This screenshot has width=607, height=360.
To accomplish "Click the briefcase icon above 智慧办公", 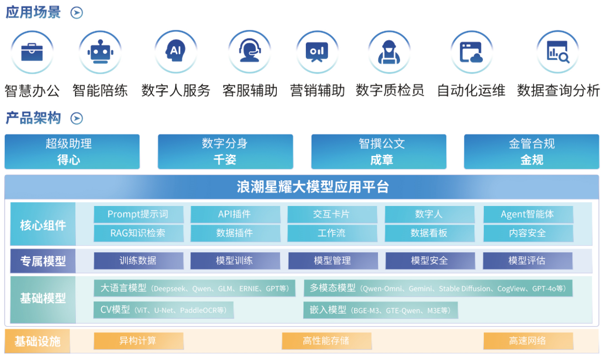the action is [32, 52].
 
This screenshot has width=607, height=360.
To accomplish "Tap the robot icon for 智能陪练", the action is [100, 52].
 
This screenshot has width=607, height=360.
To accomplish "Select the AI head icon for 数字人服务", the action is [176, 51].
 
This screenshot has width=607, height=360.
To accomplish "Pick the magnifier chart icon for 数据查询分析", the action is [558, 51].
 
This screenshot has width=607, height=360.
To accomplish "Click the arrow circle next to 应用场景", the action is [77, 13].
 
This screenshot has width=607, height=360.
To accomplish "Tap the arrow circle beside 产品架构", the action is [77, 118].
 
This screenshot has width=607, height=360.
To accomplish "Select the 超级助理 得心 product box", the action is [72, 152].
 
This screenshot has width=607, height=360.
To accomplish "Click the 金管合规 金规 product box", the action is [532, 152].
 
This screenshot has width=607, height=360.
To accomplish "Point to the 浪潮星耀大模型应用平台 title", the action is [313, 187].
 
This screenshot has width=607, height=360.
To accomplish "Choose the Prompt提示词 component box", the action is [138, 215].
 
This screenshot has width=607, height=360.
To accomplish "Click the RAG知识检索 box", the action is [138, 233].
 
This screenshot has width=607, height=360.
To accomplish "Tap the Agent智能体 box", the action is [528, 215].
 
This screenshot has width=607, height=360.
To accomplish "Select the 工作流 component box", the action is [332, 233].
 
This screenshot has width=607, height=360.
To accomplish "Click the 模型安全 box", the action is [430, 261].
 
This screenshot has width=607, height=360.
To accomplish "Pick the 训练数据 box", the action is [138, 261].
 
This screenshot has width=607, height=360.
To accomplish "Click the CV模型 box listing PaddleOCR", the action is [163, 310].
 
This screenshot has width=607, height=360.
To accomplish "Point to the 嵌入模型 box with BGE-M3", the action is [380, 310].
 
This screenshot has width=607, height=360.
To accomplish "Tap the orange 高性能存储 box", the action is [326, 341].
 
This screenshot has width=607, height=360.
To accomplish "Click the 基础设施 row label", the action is [37, 341].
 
